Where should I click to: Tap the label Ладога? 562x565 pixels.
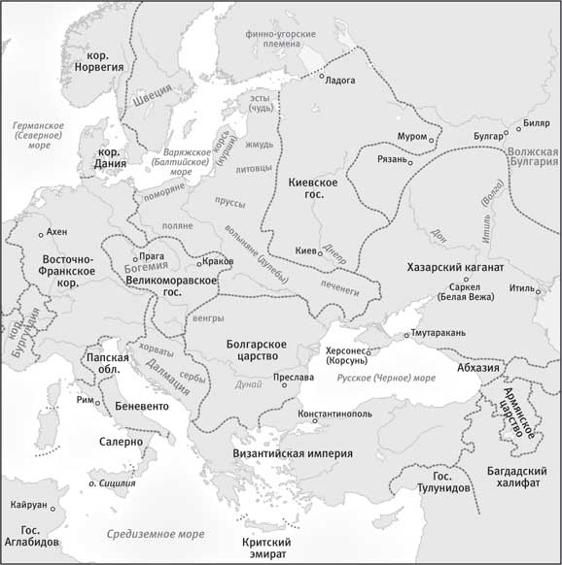(x=340, y=80)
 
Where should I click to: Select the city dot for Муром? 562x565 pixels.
(x=433, y=137)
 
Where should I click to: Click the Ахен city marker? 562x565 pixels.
(x=40, y=234)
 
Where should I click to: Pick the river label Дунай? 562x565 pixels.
(x=249, y=384)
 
